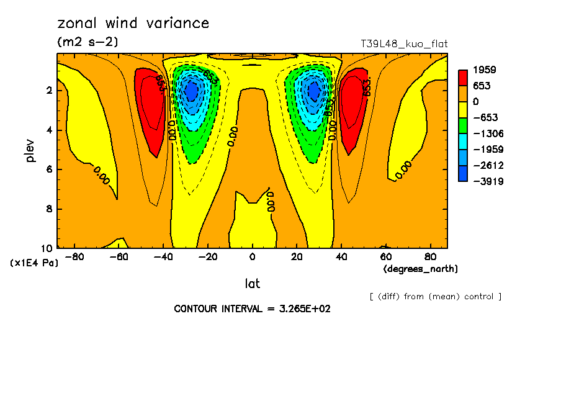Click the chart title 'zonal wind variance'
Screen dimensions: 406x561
(133, 24)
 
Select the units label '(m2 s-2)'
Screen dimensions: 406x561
(88, 42)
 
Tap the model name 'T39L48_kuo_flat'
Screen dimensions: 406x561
(404, 44)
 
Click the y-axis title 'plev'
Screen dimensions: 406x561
(30, 150)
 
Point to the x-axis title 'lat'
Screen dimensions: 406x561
(252, 284)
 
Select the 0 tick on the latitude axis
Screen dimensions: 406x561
(252, 257)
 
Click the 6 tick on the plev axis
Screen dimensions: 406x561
(50, 169)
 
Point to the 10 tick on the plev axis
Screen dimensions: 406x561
(47, 248)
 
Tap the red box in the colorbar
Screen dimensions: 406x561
(463, 77)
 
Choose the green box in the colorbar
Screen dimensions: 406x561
(463, 125)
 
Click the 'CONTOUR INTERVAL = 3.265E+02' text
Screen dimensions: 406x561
(252, 309)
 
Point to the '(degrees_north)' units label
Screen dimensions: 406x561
(421, 269)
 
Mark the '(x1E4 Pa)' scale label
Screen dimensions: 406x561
(34, 263)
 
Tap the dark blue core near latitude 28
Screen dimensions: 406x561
(314, 91)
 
